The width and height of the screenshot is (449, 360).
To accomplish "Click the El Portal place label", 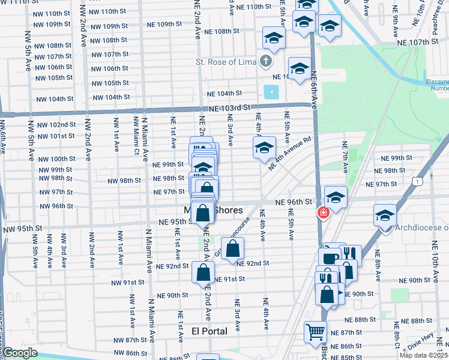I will tap(209, 331).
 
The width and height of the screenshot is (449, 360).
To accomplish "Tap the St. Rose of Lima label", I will tap(226, 61).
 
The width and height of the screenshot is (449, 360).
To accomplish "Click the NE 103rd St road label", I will tap(229, 108).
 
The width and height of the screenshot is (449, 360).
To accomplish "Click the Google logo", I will tap(20, 353).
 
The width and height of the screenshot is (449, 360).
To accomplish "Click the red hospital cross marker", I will tap(323, 212).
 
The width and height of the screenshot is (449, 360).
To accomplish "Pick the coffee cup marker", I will tap(330, 258).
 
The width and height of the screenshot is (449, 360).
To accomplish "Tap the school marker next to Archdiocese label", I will tap(385, 215).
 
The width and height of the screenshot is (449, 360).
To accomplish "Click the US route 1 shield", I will tap(417, 179).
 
